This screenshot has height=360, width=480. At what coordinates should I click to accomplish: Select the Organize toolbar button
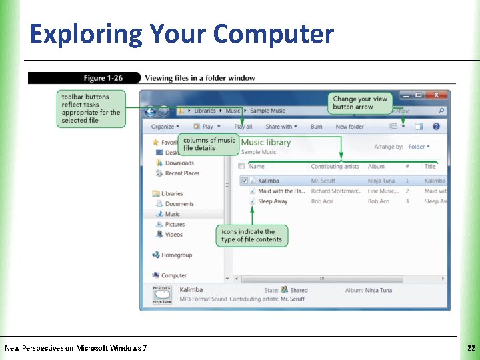click(x=162, y=127)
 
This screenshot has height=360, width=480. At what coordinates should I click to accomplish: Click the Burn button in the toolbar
click(x=316, y=127)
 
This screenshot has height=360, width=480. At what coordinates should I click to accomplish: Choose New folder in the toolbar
click(x=349, y=127)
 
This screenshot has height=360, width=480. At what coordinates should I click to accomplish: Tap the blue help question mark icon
click(x=436, y=126)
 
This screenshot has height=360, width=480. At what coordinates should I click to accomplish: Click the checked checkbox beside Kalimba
click(x=245, y=181)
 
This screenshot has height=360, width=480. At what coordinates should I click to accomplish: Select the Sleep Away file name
click(x=273, y=201)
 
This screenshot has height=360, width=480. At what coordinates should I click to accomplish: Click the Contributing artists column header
click(x=335, y=167)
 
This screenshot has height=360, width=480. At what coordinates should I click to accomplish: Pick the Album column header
click(x=376, y=167)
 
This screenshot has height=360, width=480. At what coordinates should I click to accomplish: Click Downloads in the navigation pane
click(x=179, y=163)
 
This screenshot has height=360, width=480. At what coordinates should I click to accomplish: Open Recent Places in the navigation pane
click(x=182, y=173)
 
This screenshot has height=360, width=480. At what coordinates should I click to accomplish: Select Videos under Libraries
click(x=173, y=235)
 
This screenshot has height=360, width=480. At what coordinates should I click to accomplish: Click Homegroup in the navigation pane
click(x=176, y=255)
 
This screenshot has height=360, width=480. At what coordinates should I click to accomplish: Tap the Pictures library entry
click(x=175, y=225)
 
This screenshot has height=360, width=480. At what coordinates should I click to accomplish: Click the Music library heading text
click(x=266, y=142)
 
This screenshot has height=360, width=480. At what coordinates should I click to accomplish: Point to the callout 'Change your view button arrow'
click(x=360, y=103)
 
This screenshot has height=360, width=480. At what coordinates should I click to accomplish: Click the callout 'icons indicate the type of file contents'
click(x=251, y=235)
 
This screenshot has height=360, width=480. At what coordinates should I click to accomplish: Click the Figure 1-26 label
click(x=103, y=78)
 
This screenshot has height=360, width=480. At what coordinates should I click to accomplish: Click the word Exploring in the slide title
click(x=86, y=33)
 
